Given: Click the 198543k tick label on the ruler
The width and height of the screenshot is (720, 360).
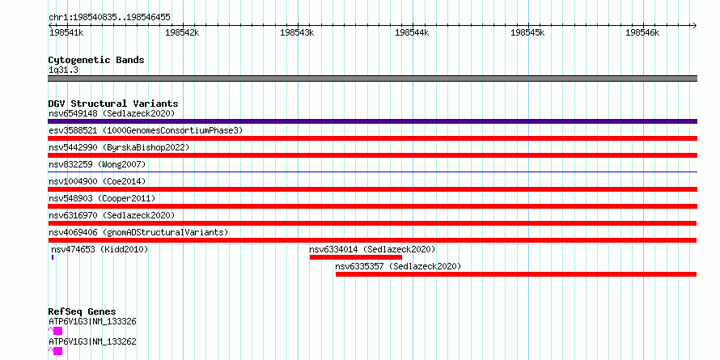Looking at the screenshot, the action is (297, 32).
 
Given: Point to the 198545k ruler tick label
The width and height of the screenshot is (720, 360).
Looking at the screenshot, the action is (527, 32).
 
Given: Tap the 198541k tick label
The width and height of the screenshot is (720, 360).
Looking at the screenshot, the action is (66, 32).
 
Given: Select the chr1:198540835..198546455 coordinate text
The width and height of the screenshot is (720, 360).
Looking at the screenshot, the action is (109, 18).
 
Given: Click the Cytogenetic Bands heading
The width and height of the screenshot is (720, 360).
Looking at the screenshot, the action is (96, 60).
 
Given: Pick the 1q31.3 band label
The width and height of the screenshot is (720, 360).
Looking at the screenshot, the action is (63, 70).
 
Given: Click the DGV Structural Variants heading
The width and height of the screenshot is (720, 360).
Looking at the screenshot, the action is (113, 104).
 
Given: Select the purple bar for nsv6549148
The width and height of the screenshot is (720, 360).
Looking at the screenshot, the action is (372, 121).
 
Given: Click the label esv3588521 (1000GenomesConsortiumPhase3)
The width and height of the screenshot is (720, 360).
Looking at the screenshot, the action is (146, 131).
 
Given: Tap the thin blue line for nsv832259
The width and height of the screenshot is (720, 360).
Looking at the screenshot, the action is (372, 172).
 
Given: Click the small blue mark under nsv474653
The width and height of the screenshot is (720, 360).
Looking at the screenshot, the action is (53, 257).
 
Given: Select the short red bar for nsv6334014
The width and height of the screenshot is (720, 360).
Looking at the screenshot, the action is (356, 257).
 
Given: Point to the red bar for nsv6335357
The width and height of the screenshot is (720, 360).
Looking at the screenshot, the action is (516, 274).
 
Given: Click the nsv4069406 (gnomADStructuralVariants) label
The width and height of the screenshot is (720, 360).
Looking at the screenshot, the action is (138, 232).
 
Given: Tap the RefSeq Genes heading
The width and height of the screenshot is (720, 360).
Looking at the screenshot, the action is (82, 312).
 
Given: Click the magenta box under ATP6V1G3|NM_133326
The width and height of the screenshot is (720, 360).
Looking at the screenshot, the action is (57, 331).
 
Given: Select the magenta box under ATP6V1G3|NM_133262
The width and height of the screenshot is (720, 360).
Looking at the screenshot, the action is (57, 351).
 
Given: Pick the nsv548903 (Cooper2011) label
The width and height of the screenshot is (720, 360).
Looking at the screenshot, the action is (102, 198).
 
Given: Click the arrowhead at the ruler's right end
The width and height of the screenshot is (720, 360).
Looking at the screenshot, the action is (694, 25).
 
